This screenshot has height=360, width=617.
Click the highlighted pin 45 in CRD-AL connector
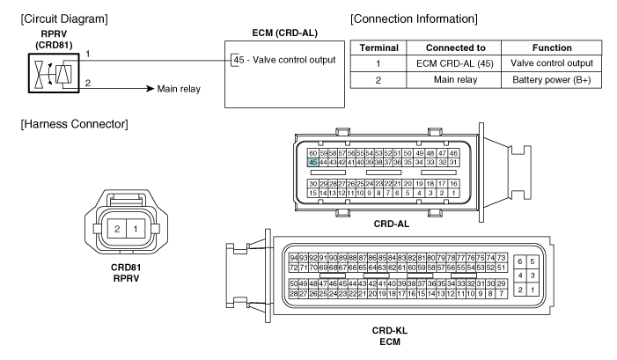click(x=312, y=162)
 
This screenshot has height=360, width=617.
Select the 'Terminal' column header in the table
click(x=378, y=48)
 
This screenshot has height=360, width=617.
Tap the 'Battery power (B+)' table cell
click(x=551, y=80)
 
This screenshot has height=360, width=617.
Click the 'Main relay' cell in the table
click(x=455, y=80)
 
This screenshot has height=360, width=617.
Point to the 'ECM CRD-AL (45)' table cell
click(x=455, y=63)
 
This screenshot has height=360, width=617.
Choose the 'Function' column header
click(x=552, y=48)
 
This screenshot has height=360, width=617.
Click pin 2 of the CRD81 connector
click(x=117, y=229)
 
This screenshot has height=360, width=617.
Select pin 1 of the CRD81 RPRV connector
click(x=136, y=229)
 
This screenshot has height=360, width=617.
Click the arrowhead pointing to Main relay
click(x=150, y=89)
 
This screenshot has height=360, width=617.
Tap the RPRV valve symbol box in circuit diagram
click(x=54, y=73)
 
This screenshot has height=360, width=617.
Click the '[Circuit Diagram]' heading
click(x=64, y=18)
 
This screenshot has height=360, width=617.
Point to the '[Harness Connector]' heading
click(x=74, y=124)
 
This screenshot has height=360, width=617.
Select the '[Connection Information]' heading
click(x=414, y=18)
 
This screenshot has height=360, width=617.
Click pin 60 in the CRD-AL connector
click(x=312, y=153)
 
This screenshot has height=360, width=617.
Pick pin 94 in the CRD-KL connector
click(x=294, y=258)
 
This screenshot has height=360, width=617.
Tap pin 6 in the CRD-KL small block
click(x=520, y=261)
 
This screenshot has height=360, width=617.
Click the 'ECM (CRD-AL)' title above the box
click(x=284, y=33)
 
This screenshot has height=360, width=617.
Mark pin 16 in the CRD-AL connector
click(x=453, y=183)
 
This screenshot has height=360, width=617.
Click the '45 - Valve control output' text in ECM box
click(x=284, y=60)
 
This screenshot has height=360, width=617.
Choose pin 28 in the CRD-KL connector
click(x=294, y=293)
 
